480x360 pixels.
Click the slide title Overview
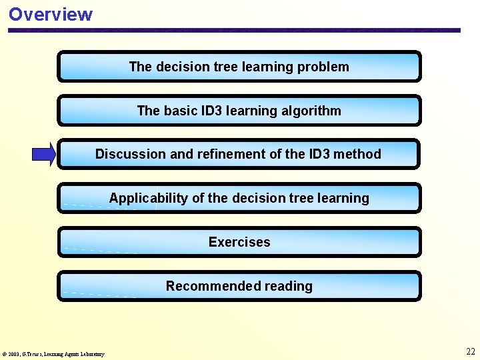point(51,14)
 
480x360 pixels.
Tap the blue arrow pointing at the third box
point(44,155)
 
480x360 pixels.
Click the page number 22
point(471,351)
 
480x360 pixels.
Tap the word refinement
point(227,154)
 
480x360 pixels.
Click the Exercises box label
point(239,242)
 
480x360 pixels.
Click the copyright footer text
point(53,354)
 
